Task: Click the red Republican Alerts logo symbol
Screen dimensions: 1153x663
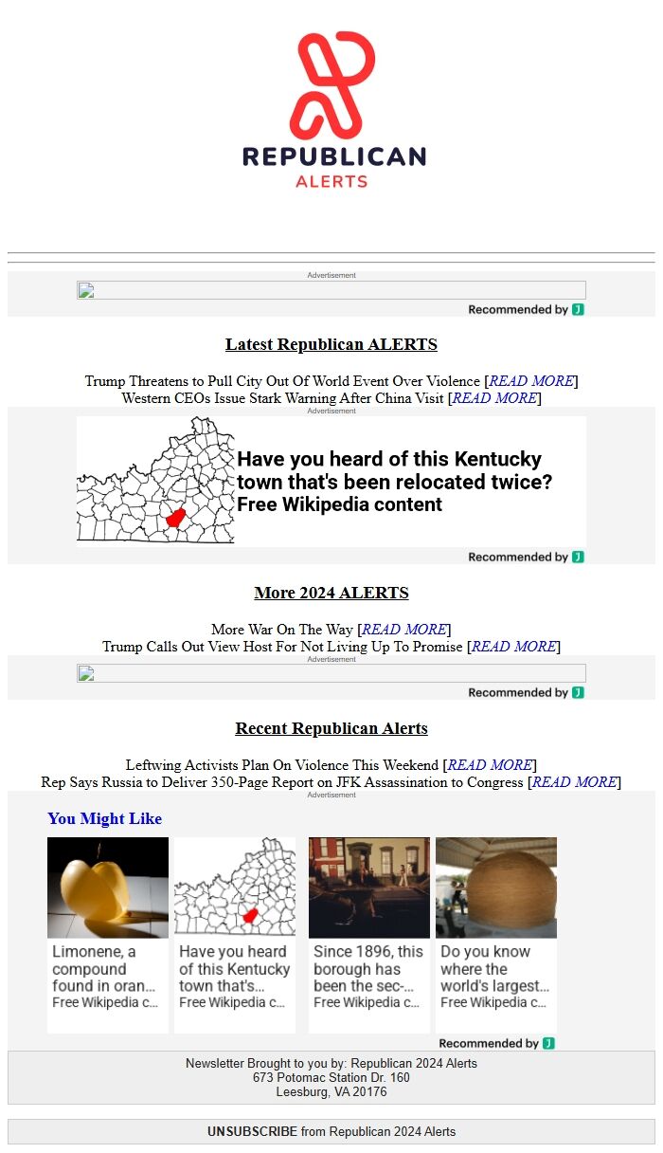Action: tap(332, 84)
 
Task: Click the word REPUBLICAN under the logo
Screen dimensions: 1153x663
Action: tap(333, 156)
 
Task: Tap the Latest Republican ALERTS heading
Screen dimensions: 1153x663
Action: tap(331, 344)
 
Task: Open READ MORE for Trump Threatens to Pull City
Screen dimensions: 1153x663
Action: tap(530, 381)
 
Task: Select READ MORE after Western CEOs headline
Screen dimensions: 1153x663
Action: tap(494, 398)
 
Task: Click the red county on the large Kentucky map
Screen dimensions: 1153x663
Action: tap(176, 517)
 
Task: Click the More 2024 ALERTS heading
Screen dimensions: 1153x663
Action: tap(331, 593)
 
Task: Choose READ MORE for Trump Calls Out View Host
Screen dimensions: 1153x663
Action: tap(513, 647)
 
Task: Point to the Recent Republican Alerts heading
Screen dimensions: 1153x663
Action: tap(331, 728)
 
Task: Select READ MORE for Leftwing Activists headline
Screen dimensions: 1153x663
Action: tap(490, 765)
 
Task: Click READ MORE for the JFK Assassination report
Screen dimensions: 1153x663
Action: tap(574, 782)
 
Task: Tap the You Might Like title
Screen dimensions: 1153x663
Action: tap(105, 818)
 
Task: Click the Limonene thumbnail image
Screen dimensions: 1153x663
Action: tap(108, 888)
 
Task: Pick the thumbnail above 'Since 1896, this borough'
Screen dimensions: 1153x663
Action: tap(369, 888)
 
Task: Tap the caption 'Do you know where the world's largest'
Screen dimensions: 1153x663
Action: tap(494, 968)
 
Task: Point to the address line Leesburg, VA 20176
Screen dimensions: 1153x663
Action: tap(331, 1091)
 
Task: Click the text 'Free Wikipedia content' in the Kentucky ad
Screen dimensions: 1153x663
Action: tap(339, 504)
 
